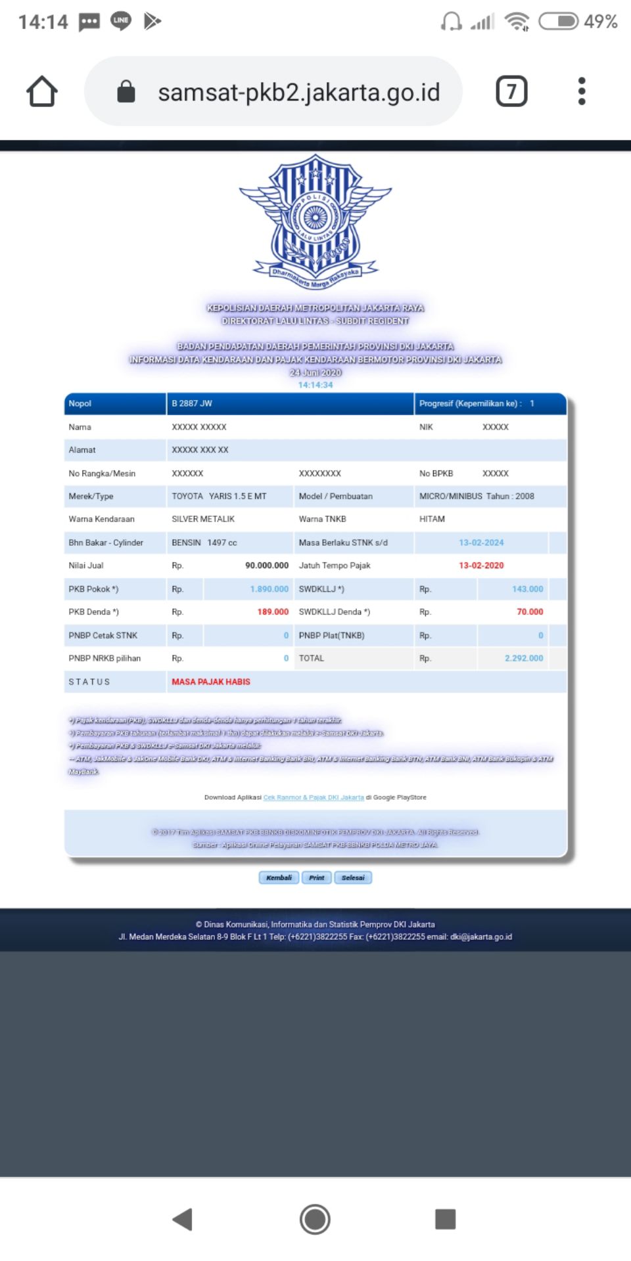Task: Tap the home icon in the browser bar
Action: click(x=42, y=91)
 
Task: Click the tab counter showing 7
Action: click(x=511, y=91)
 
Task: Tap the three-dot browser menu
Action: click(x=581, y=91)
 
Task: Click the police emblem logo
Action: click(x=315, y=221)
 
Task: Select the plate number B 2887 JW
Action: click(x=192, y=403)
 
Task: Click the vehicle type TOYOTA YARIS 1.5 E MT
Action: click(x=219, y=497)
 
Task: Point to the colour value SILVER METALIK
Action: click(x=203, y=520)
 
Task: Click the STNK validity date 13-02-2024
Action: click(x=481, y=542)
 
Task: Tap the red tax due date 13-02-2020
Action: click(x=481, y=565)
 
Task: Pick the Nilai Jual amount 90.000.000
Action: click(x=267, y=565)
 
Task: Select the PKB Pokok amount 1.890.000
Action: click(x=269, y=589)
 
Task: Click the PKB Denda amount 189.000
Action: click(x=273, y=612)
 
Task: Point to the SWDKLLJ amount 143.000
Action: click(x=527, y=589)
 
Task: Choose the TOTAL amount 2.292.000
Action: click(x=524, y=658)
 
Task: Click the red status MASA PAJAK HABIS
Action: click(x=211, y=682)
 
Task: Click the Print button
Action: click(x=317, y=877)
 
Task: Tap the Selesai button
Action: click(x=353, y=877)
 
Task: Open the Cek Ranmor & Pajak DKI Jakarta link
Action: click(x=314, y=797)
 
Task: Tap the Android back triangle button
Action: click(x=182, y=1219)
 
